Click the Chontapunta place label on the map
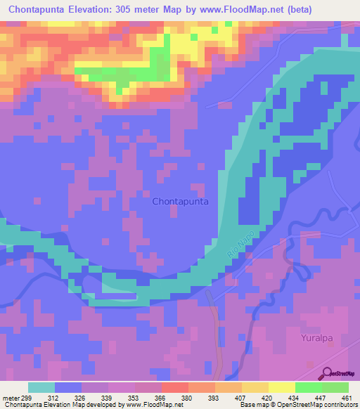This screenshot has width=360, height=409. (180, 201)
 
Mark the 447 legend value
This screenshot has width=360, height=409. (320, 398)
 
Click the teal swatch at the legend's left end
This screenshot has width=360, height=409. (41, 387)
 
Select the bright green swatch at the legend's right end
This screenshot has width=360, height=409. (335, 387)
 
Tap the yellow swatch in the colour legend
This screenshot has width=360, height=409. (281, 387)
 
